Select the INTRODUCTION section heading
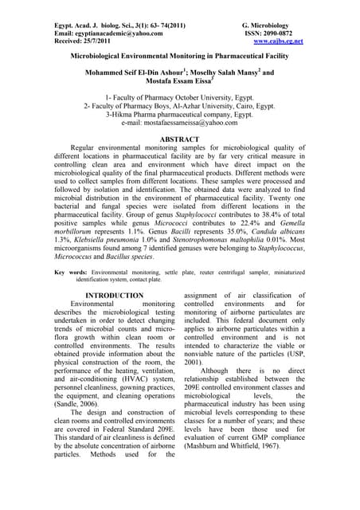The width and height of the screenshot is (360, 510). coord(114,296)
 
